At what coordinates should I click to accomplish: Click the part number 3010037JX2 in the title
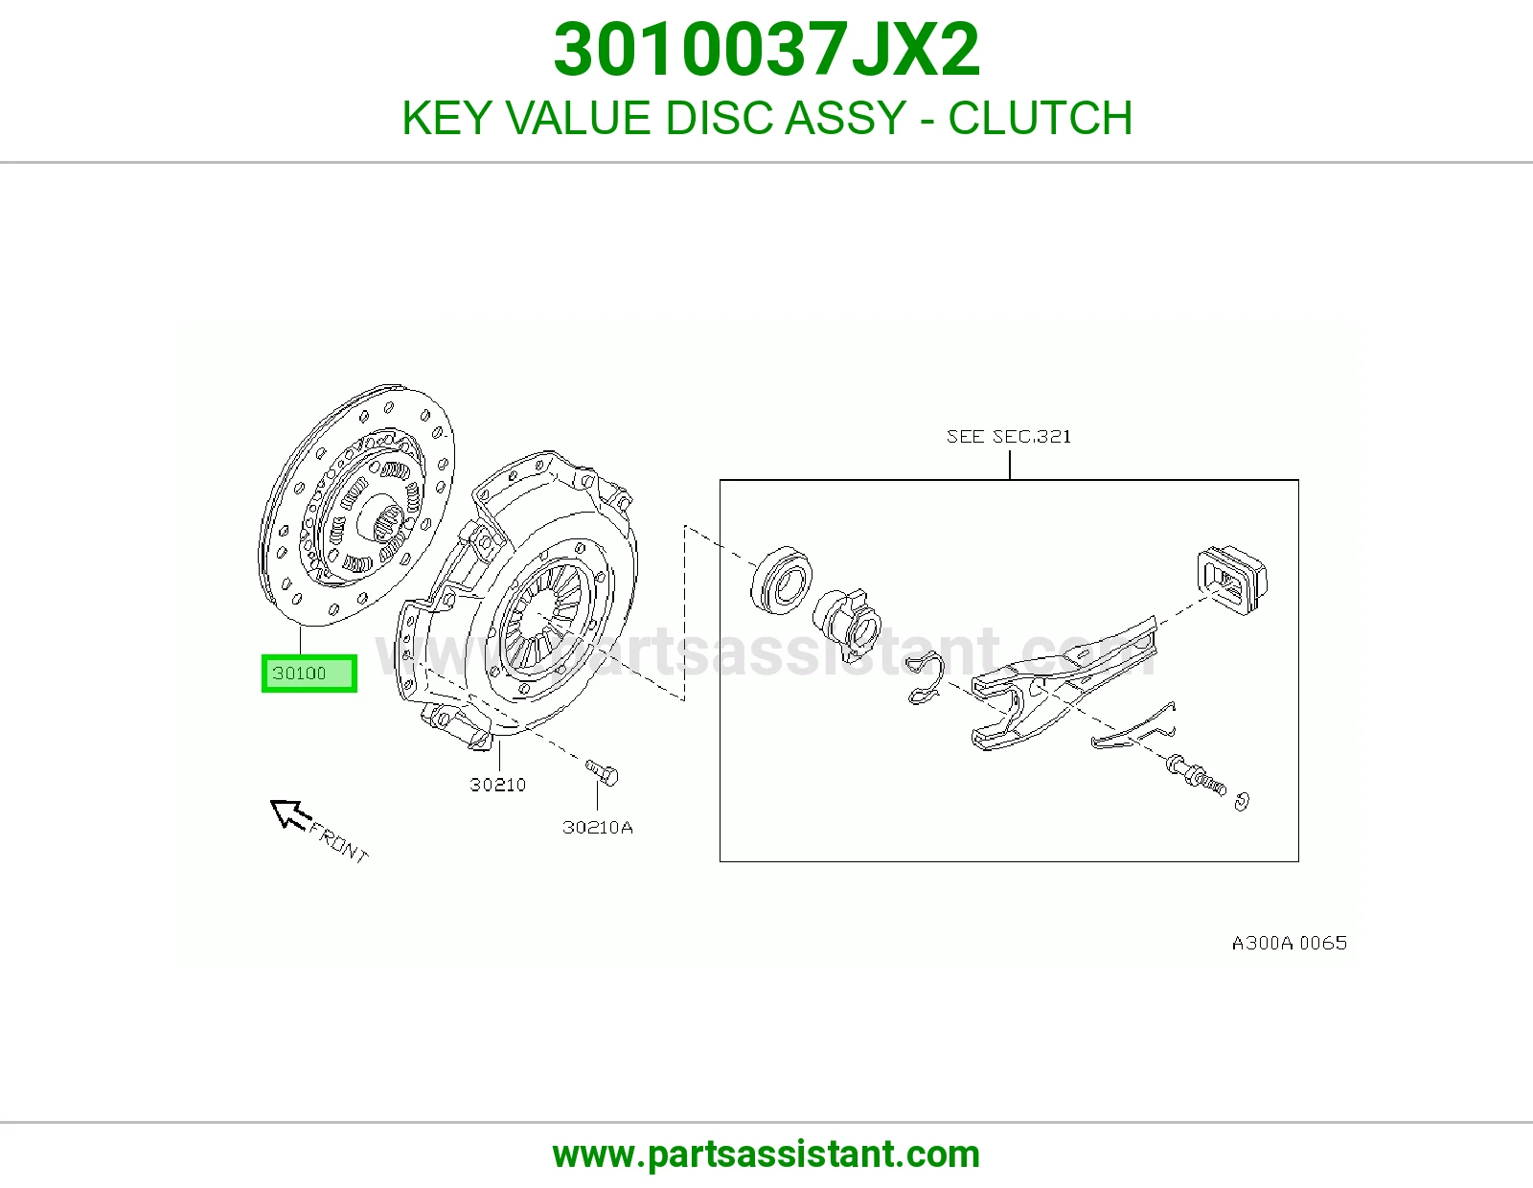[x=766, y=50]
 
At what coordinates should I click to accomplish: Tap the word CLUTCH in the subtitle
[x=1040, y=118]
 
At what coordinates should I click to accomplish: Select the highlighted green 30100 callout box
[x=309, y=674]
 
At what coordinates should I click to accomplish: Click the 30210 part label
[x=498, y=785]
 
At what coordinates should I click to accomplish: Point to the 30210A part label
[x=598, y=828]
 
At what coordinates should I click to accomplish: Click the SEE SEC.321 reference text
[x=1009, y=437]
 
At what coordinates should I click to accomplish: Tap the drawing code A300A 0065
[x=1290, y=943]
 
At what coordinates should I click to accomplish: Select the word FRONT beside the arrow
[x=339, y=842]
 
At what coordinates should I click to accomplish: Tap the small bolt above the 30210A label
[x=603, y=772]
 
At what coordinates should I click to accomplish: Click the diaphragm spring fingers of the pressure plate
[x=544, y=611]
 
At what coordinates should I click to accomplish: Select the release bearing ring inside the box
[x=780, y=579]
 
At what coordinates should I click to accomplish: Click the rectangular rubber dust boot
[x=1232, y=580]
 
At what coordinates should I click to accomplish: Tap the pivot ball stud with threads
[x=1197, y=775]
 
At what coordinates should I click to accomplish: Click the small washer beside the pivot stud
[x=1243, y=801]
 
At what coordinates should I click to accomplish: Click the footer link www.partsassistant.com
[x=766, y=1154]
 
